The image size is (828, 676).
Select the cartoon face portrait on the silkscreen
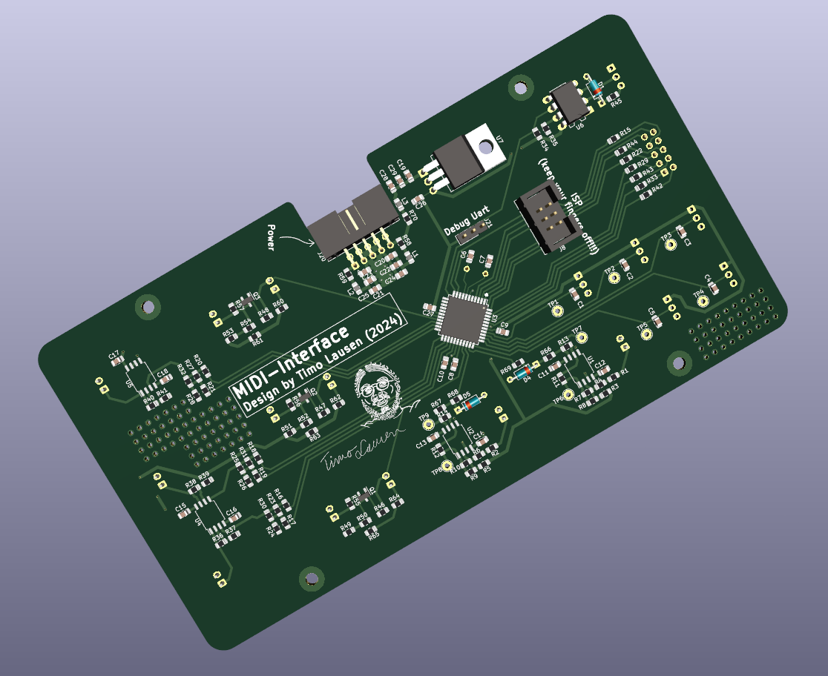point(381,393)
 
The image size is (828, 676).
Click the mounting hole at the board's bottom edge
point(311,579)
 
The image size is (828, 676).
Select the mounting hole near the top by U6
point(521,87)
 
